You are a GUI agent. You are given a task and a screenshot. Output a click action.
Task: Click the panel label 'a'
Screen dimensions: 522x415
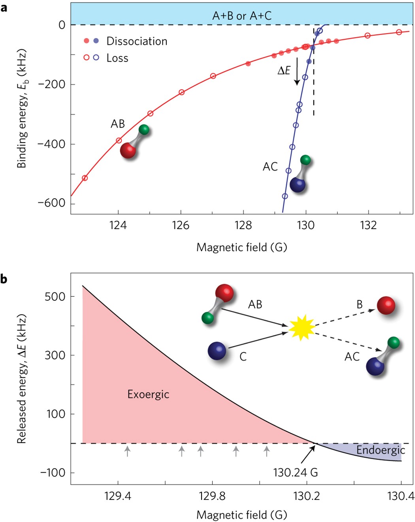click(x=4, y=7)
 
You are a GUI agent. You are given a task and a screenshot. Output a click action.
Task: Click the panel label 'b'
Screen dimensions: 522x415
click(x=4, y=279)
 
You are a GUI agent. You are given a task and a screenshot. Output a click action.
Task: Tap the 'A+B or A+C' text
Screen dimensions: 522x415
click(x=242, y=15)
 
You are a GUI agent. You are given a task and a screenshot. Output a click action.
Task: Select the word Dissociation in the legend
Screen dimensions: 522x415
click(x=137, y=41)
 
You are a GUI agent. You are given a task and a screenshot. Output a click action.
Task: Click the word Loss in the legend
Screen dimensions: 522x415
click(x=117, y=58)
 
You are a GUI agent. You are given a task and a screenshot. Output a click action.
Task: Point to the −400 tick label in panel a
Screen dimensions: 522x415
click(x=51, y=144)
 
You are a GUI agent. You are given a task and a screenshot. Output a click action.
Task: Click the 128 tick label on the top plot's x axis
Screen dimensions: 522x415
click(x=243, y=225)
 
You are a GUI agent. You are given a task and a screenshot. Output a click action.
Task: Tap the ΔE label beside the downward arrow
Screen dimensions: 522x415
click(x=284, y=71)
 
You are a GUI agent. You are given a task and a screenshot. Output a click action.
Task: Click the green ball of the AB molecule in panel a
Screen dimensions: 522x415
click(x=144, y=129)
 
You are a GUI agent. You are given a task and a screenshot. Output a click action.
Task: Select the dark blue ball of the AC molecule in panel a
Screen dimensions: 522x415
click(x=297, y=184)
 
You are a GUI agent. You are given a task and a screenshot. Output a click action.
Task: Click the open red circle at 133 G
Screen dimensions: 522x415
click(x=399, y=32)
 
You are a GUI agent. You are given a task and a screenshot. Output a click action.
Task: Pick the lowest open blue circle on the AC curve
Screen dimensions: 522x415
click(x=285, y=196)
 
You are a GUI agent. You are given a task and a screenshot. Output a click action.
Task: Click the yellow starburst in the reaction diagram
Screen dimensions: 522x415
click(x=302, y=327)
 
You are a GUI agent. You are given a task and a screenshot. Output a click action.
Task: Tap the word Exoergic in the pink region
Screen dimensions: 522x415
click(x=148, y=394)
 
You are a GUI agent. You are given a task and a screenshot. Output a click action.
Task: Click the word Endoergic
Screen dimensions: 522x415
click(x=380, y=450)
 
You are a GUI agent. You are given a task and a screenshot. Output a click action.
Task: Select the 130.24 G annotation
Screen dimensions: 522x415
click(x=295, y=472)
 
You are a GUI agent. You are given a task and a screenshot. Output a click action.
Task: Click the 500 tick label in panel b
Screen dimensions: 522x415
click(x=55, y=296)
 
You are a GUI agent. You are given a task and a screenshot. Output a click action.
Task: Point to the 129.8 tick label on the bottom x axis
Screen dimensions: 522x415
click(x=212, y=496)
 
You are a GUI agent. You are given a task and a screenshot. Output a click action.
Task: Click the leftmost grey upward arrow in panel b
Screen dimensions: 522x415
click(x=127, y=451)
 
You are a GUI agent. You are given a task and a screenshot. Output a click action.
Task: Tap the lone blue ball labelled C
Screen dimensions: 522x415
click(x=217, y=351)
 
